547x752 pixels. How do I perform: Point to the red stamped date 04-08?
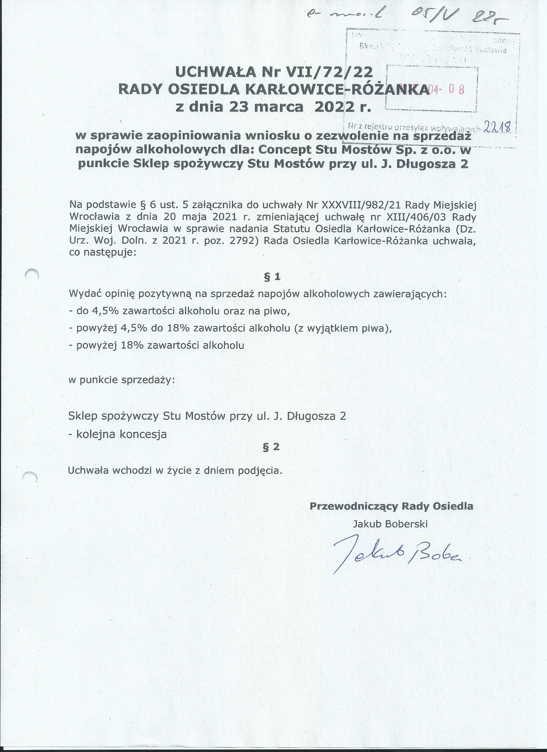click(446, 89)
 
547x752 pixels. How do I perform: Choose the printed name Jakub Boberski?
click(390, 524)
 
